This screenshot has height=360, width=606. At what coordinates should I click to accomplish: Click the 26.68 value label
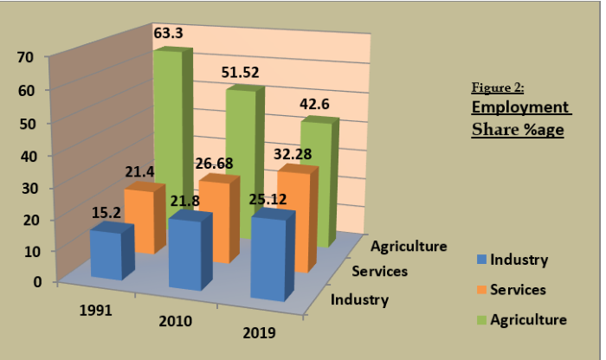(x=214, y=164)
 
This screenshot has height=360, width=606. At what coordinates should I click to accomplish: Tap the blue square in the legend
(x=480, y=259)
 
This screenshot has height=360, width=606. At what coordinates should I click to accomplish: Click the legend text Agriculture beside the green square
(x=528, y=319)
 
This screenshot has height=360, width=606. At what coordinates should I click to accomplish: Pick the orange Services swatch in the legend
(x=480, y=289)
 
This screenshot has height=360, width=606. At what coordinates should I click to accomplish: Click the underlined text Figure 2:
(x=498, y=88)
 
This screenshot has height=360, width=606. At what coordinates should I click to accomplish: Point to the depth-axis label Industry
(x=360, y=300)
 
